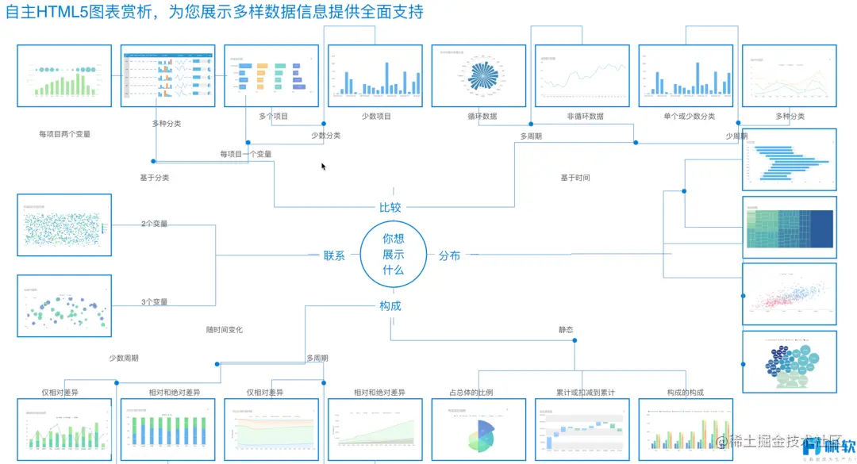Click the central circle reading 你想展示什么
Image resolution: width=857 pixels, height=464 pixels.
pyautogui.click(x=393, y=255)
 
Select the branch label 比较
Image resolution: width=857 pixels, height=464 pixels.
pyautogui.click(x=390, y=208)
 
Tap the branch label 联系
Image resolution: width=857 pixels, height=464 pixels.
pyautogui.click(x=334, y=256)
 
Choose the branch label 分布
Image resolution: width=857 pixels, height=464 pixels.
pyautogui.click(x=449, y=256)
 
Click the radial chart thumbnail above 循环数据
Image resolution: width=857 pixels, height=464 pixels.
pyautogui.click(x=478, y=75)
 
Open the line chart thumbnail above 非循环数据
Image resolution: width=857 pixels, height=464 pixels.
pyautogui.click(x=582, y=75)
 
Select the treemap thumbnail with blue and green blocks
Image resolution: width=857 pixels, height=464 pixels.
pyautogui.click(x=789, y=227)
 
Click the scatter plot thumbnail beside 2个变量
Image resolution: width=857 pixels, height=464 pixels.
pyautogui.click(x=64, y=224)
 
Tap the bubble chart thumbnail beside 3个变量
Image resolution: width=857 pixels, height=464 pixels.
pyautogui.click(x=64, y=305)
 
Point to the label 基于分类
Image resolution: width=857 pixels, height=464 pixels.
pyautogui.click(x=155, y=178)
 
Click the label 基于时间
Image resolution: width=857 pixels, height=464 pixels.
pyautogui.click(x=575, y=178)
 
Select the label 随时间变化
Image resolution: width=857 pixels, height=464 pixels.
pyautogui.click(x=224, y=329)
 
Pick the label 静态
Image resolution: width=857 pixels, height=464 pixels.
pyautogui.click(x=566, y=329)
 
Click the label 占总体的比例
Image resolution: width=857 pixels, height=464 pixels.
pyautogui.click(x=471, y=393)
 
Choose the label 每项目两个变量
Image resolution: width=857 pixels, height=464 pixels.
pyautogui.click(x=64, y=134)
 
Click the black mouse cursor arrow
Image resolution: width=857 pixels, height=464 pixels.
pyautogui.click(x=323, y=167)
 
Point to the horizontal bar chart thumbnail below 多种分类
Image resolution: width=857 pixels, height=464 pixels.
pyautogui.click(x=789, y=159)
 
